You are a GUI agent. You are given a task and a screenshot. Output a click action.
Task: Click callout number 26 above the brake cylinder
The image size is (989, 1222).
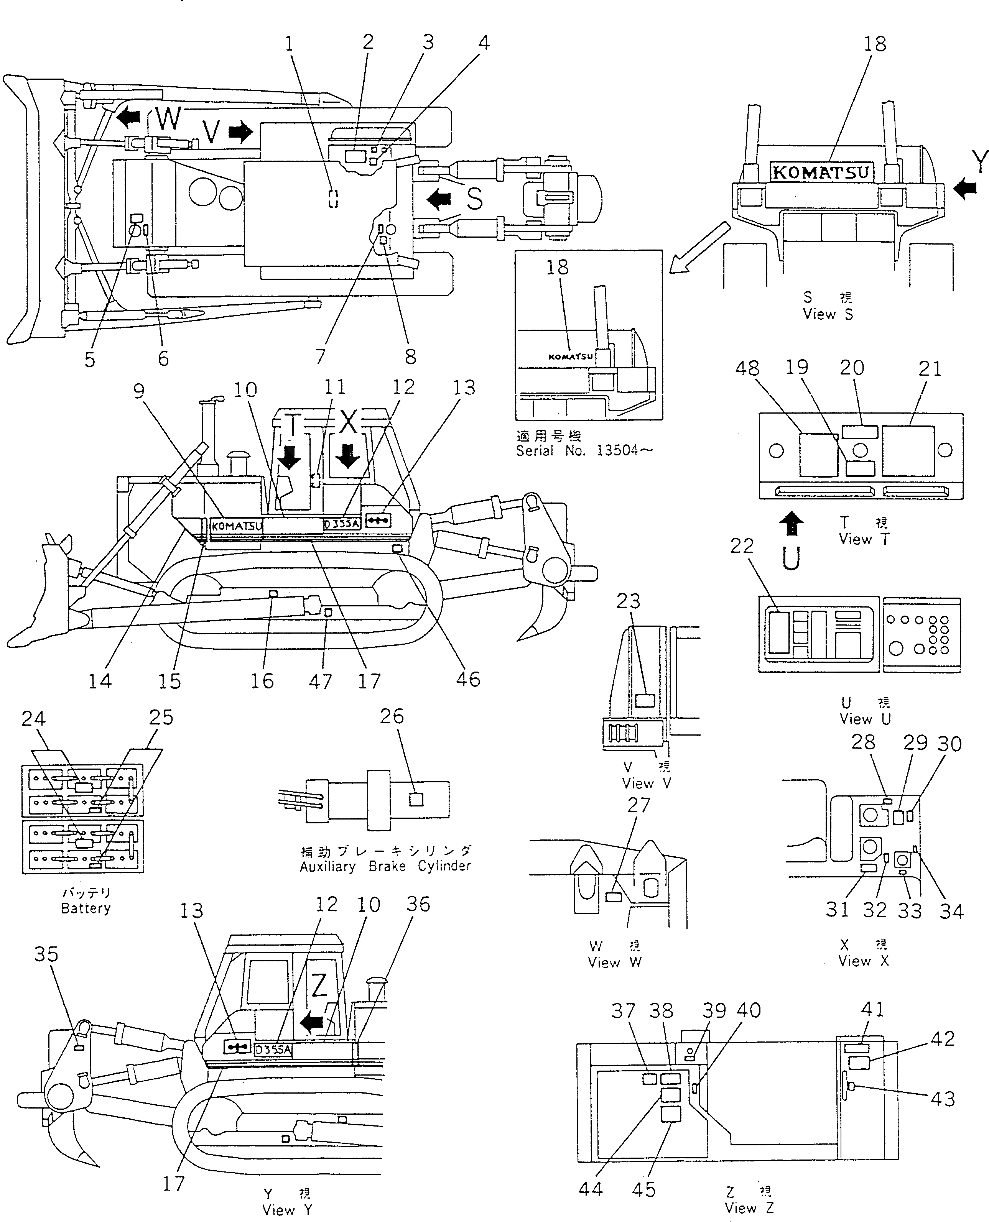click(392, 716)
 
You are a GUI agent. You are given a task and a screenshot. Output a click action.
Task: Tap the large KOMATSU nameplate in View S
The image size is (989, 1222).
click(821, 172)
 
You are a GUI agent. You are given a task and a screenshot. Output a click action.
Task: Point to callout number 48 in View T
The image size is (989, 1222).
click(747, 368)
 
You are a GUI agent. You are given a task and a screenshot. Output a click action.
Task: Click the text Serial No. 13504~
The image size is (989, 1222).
click(584, 450)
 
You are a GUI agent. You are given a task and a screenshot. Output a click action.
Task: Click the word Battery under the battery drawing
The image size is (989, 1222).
click(86, 908)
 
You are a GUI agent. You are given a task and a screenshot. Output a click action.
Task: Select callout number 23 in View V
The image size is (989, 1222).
click(629, 601)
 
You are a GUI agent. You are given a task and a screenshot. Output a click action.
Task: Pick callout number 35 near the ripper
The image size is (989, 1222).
click(46, 954)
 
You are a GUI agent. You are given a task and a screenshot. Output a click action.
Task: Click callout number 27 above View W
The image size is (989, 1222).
click(638, 805)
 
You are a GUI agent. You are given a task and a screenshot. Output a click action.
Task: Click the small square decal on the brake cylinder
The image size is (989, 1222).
click(416, 800)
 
